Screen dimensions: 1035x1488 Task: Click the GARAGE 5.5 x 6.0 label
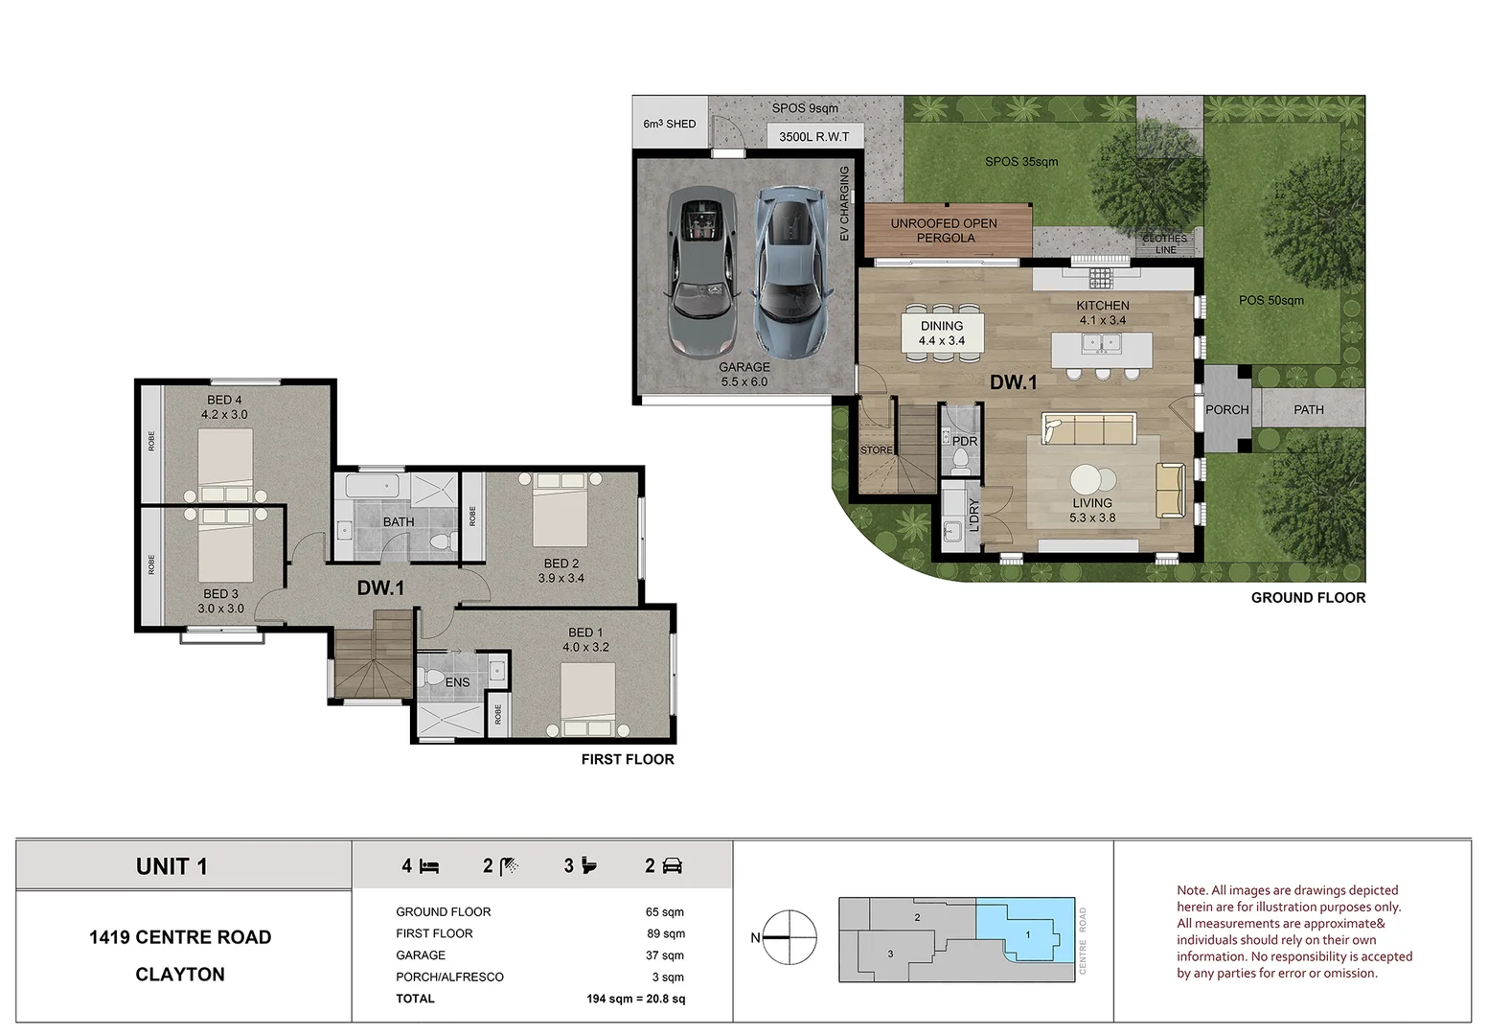click(744, 375)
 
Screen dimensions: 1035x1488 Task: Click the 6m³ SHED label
click(670, 124)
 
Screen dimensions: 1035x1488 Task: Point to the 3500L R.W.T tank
click(813, 137)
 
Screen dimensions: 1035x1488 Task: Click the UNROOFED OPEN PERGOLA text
click(944, 231)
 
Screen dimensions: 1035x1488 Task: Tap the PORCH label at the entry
click(1226, 409)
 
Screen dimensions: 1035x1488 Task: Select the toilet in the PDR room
click(959, 459)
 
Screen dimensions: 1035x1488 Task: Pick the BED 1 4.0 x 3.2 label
click(585, 639)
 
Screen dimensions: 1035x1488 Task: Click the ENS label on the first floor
click(457, 682)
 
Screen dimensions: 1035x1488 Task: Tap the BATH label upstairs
click(399, 522)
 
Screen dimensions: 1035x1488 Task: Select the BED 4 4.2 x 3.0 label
click(224, 407)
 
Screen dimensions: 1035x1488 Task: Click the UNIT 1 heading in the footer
click(172, 866)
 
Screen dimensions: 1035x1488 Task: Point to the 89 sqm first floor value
click(664, 933)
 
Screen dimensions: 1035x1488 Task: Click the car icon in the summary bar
click(672, 866)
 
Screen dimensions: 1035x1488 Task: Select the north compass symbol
click(789, 937)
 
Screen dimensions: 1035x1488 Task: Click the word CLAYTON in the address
click(180, 975)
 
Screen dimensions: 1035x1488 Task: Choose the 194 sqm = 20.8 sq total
click(635, 999)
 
